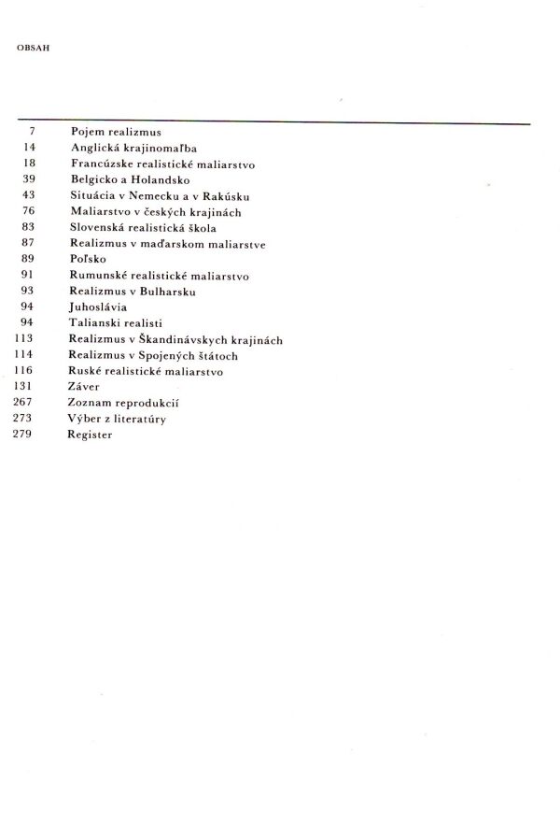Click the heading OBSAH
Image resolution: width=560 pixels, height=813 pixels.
tap(33, 45)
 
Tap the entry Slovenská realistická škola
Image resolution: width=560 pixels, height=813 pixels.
tap(143, 227)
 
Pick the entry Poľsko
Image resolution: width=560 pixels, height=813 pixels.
tap(88, 259)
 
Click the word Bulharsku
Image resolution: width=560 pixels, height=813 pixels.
tap(174, 291)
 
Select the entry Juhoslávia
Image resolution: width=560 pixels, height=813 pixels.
tap(98, 307)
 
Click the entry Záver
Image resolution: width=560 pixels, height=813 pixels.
tap(84, 386)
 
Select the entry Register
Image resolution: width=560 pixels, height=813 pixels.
tap(90, 435)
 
